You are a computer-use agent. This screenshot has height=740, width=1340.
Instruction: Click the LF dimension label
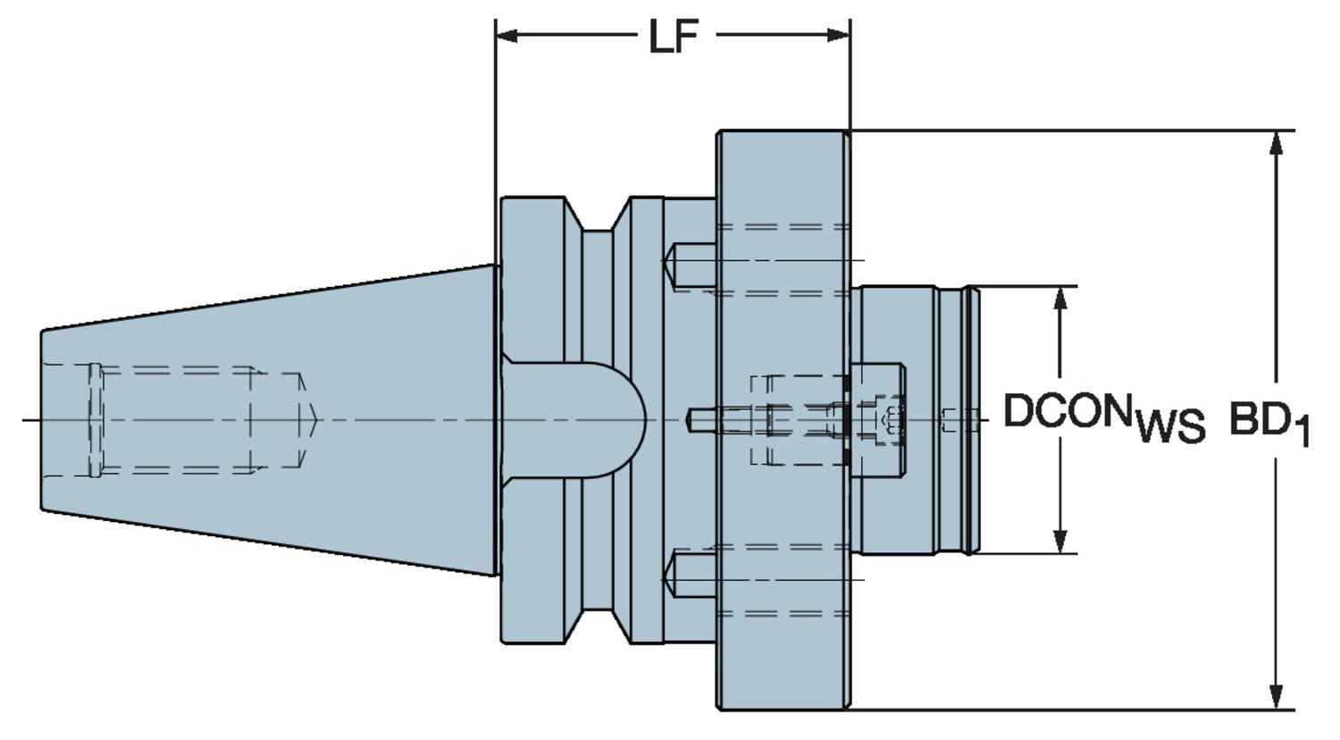pos(674,37)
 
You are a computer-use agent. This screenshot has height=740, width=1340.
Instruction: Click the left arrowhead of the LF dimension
pos(507,36)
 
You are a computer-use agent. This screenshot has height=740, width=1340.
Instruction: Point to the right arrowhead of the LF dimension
pos(838,36)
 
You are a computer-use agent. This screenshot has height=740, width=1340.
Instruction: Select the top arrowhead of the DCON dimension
pos(1060,299)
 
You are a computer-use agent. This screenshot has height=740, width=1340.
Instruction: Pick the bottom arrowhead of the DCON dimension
pos(1060,542)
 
